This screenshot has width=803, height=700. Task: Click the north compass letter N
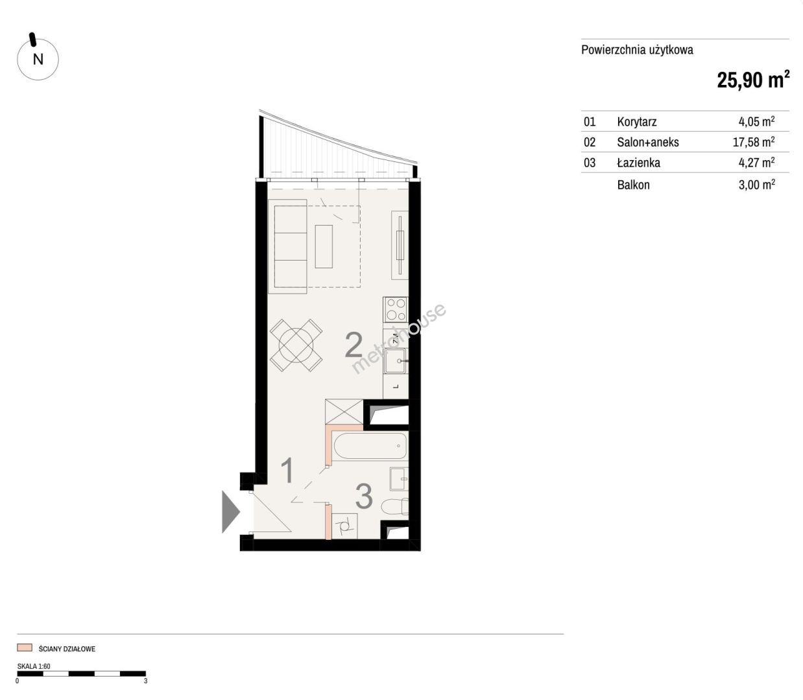(x=38, y=60)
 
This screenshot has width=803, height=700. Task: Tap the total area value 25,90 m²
(x=753, y=80)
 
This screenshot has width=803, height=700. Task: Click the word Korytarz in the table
(x=636, y=122)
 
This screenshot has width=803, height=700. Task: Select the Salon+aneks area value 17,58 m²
(x=754, y=141)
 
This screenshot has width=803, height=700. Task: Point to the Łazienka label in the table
(x=638, y=162)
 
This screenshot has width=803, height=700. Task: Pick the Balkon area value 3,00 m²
(x=757, y=184)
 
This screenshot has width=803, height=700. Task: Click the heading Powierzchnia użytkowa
(x=637, y=50)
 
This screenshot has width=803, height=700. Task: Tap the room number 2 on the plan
(x=354, y=345)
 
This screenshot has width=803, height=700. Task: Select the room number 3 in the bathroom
(x=364, y=496)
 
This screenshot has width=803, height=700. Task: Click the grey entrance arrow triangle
(x=231, y=512)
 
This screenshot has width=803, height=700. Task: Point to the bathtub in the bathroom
(x=370, y=446)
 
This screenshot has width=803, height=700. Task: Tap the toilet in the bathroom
(x=395, y=507)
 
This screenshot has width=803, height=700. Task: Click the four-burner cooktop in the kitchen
(x=396, y=310)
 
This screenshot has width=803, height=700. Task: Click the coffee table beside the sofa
(x=324, y=246)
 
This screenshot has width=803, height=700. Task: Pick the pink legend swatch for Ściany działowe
(x=25, y=648)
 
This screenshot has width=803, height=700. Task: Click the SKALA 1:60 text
(x=34, y=666)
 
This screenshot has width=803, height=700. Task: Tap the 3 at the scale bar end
(x=145, y=681)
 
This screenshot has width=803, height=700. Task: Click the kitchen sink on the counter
(x=395, y=361)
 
